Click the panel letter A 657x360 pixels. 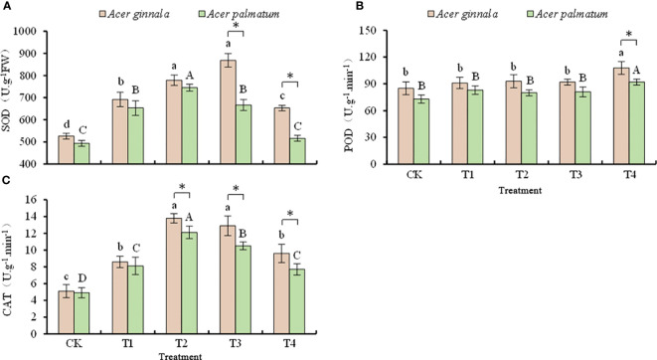pyautogui.click(x=7, y=6)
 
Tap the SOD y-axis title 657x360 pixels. pyautogui.click(x=12, y=92)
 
